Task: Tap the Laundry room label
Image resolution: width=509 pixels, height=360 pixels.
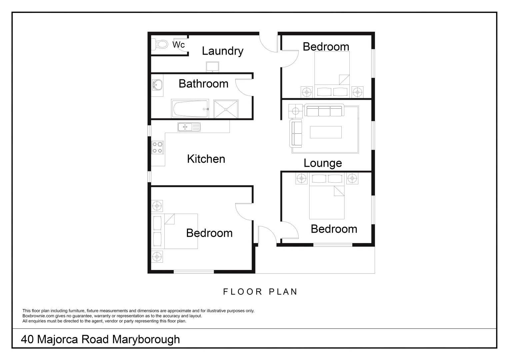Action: pyautogui.click(x=222, y=51)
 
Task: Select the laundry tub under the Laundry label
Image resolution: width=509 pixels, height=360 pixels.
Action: pyautogui.click(x=212, y=67)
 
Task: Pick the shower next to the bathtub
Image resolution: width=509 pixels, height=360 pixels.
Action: pyautogui.click(x=226, y=109)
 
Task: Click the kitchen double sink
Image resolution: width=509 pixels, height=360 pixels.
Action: pyautogui.click(x=189, y=127)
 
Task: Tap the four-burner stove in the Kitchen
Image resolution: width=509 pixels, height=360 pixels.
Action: pyautogui.click(x=158, y=148)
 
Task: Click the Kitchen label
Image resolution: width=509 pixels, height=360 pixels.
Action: pyautogui.click(x=206, y=159)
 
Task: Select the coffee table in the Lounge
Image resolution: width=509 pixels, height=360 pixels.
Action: pyautogui.click(x=326, y=132)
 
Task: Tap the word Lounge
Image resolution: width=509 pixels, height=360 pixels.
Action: pyautogui.click(x=323, y=163)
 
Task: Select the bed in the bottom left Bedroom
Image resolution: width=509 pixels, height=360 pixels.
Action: pyautogui.click(x=175, y=231)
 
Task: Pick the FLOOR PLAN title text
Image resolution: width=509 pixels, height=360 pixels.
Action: pyautogui.click(x=260, y=292)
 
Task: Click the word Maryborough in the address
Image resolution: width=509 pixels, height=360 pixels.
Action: pyautogui.click(x=146, y=339)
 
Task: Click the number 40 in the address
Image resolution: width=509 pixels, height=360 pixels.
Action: pyautogui.click(x=27, y=339)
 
